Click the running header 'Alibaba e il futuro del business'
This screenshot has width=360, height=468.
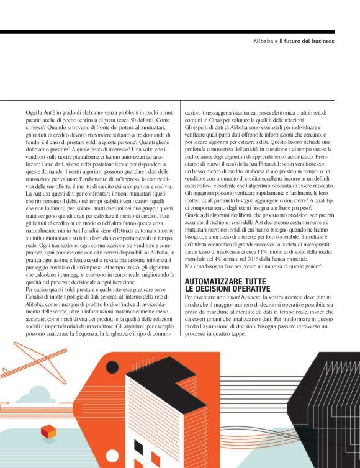294,41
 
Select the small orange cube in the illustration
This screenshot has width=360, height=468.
48,431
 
